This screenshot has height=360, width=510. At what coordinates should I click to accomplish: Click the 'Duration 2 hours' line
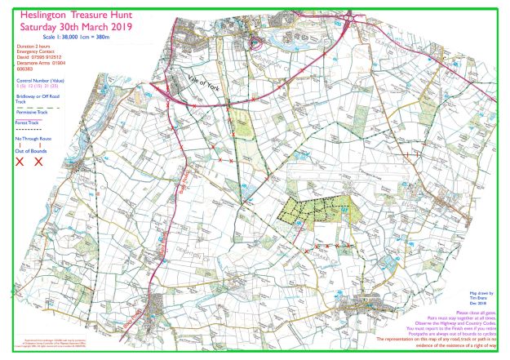(x=30, y=49)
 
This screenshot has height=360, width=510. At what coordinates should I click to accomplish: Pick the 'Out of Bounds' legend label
(x=30, y=151)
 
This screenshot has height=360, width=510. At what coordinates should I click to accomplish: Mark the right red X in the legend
(x=38, y=162)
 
